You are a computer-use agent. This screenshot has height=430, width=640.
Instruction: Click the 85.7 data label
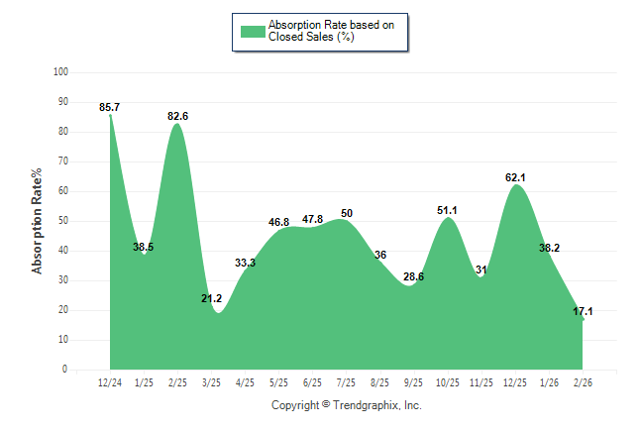110,107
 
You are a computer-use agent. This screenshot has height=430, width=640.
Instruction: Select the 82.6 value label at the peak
178,116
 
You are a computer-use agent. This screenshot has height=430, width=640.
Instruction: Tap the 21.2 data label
211,298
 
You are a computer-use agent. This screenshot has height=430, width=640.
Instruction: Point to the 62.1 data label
515,177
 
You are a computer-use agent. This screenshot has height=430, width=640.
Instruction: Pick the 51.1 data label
448,210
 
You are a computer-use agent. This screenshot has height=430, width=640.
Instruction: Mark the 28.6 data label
414,276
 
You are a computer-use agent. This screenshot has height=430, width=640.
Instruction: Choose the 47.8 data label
313,219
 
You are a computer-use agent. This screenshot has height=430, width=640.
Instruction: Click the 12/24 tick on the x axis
110,382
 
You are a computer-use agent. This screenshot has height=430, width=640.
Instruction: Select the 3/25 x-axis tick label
211,382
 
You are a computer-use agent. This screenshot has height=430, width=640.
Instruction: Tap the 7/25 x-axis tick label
347,382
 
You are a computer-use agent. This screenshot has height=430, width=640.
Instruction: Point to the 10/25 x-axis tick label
448,382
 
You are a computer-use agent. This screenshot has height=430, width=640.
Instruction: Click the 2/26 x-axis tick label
584,382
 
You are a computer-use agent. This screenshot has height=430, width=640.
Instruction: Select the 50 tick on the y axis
63,221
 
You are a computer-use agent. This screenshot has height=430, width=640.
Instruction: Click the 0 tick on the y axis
65,370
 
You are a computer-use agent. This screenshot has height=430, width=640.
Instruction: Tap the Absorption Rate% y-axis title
38,221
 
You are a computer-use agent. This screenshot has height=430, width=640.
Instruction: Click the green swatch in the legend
252,31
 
